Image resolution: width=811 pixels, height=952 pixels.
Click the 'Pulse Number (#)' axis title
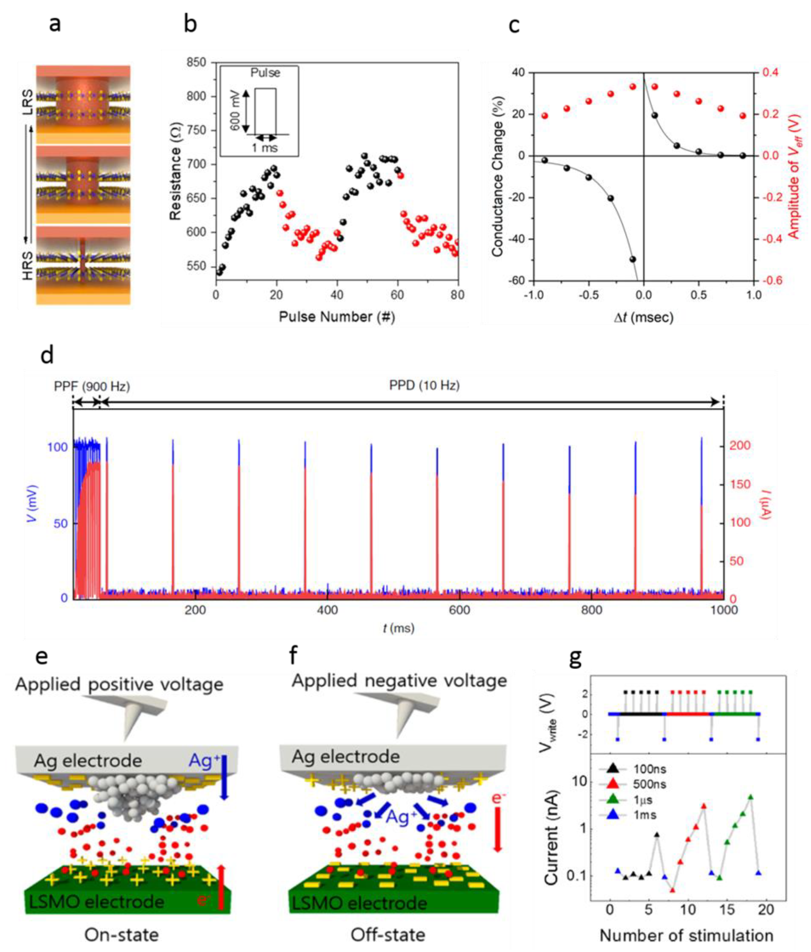pos(337,316)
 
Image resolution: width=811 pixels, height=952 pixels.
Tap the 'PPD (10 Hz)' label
pos(424,385)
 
